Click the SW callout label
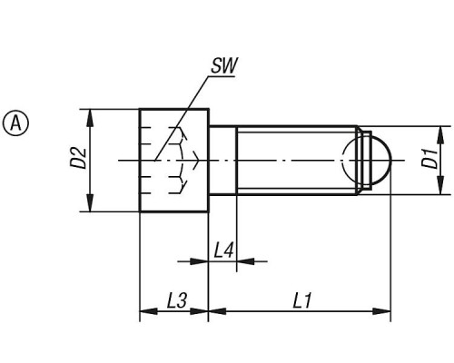pos(224,65)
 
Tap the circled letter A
pos(15,123)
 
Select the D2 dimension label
pos(79,158)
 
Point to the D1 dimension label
pos(430,159)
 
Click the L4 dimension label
pos(223,250)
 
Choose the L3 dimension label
pos(177,300)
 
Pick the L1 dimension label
pos(301,300)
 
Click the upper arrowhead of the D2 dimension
pos(90,118)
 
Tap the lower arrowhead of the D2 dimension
pos(90,203)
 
